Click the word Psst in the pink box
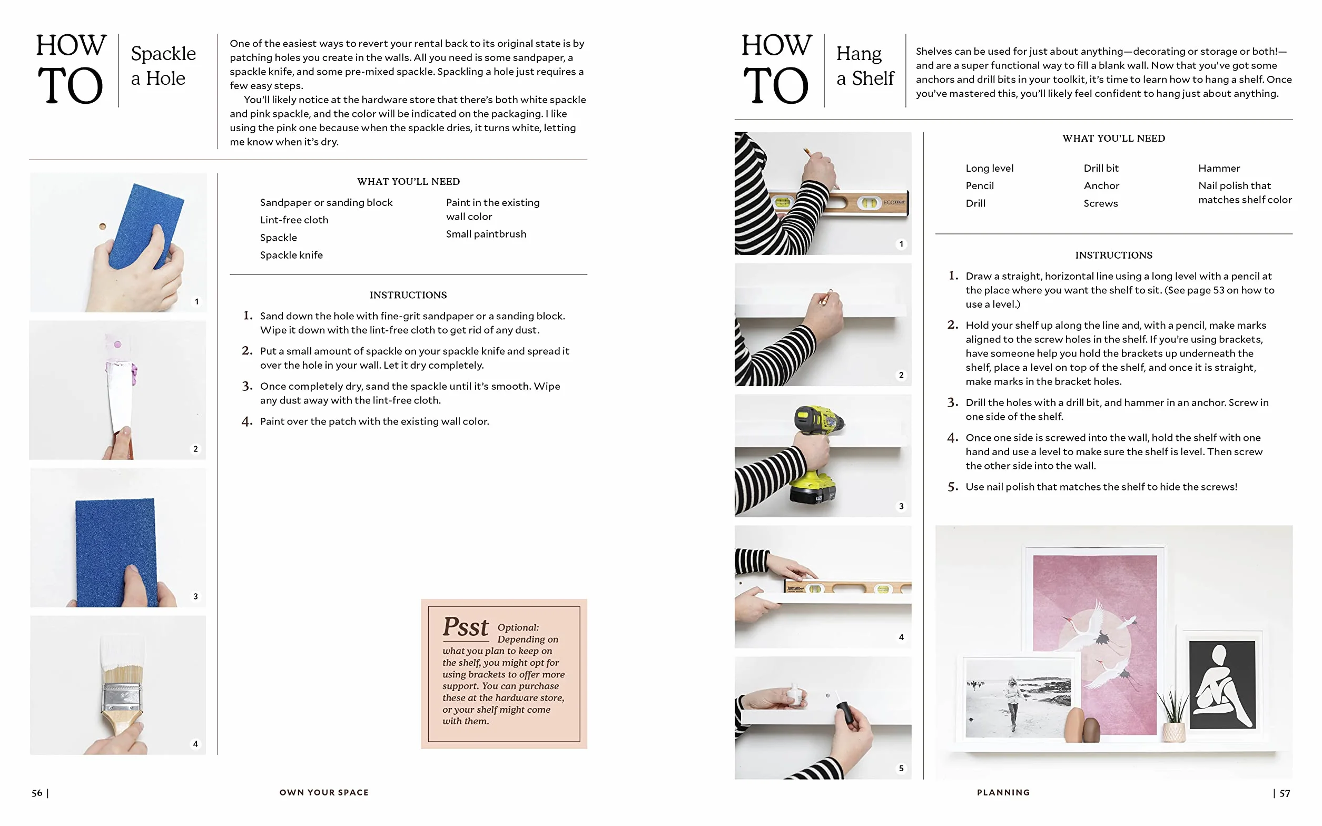coord(465,627)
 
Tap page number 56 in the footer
coord(36,793)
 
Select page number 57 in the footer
coord(1285,793)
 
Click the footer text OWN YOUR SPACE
coord(324,792)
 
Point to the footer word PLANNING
coord(1003,792)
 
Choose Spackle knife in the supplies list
coord(291,255)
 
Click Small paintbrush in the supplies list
coord(486,234)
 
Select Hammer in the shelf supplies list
coord(1219,168)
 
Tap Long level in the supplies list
coord(989,168)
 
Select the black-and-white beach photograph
coord(1018,698)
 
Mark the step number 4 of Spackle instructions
coord(247,422)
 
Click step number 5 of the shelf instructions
coord(953,487)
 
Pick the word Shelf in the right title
coord(873,78)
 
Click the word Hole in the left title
coord(165,78)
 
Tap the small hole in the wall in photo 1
coord(102,226)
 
